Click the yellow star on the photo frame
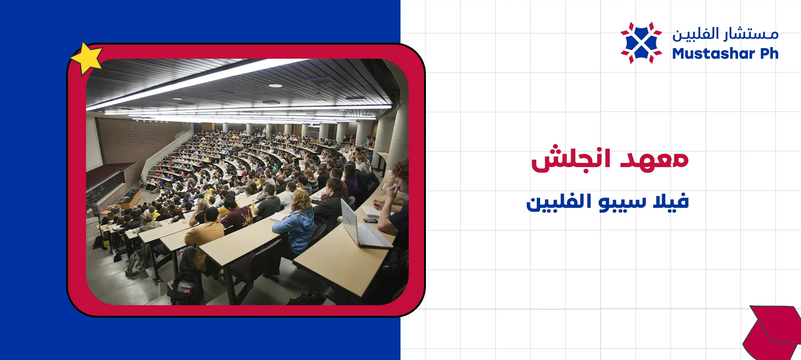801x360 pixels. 87,58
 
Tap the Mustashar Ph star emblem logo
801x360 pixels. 641,43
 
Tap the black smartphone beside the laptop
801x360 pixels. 370,221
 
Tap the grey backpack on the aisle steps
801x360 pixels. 135,262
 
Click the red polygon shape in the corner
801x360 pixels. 772,333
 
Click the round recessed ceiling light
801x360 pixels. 275,85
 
